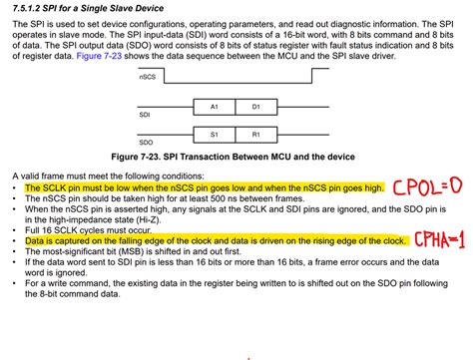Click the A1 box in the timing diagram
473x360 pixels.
tap(215, 106)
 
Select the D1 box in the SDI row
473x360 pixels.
tap(255, 106)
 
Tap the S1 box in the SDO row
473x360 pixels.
tap(215, 134)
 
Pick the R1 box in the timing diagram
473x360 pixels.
tap(255, 134)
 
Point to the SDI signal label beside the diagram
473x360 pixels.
tap(144, 116)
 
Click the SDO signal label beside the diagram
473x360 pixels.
tap(145, 144)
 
